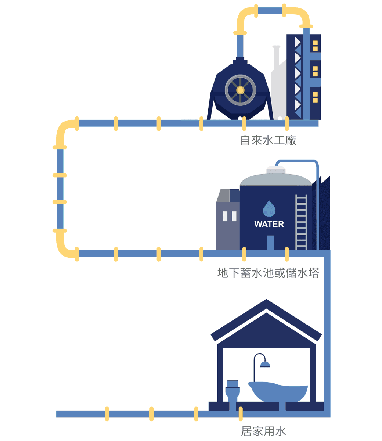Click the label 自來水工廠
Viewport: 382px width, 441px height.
click(268, 140)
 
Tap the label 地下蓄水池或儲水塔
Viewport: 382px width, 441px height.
click(268, 273)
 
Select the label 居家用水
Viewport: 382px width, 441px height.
click(263, 431)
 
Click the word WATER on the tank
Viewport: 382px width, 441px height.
click(269, 224)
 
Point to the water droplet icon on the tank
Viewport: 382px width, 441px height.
click(269, 209)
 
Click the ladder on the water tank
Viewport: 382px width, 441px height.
click(301, 222)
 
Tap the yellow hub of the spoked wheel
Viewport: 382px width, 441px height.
click(240, 90)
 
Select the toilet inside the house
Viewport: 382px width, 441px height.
click(233, 391)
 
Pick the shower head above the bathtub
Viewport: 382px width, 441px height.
click(265, 364)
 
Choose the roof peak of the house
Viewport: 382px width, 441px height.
click(266, 304)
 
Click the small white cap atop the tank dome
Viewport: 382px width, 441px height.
click(276, 169)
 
